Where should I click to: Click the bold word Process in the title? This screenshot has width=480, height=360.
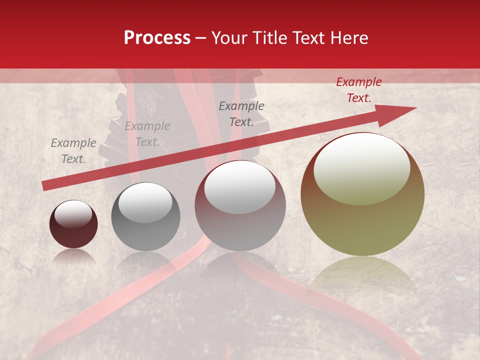click(157, 38)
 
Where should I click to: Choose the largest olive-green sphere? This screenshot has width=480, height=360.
click(362, 200)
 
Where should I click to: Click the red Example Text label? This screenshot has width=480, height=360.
click(358, 90)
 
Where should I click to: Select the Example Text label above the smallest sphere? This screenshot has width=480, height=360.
click(73, 151)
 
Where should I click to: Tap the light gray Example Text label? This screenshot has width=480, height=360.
click(147, 134)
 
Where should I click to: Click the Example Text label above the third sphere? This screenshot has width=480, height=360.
click(241, 114)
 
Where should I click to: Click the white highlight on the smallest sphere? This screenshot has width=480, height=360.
click(73, 214)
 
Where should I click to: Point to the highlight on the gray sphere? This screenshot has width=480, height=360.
click(145, 202)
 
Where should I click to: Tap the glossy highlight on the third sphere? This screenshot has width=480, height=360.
click(240, 187)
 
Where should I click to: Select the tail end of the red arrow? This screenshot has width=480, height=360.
click(46, 185)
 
